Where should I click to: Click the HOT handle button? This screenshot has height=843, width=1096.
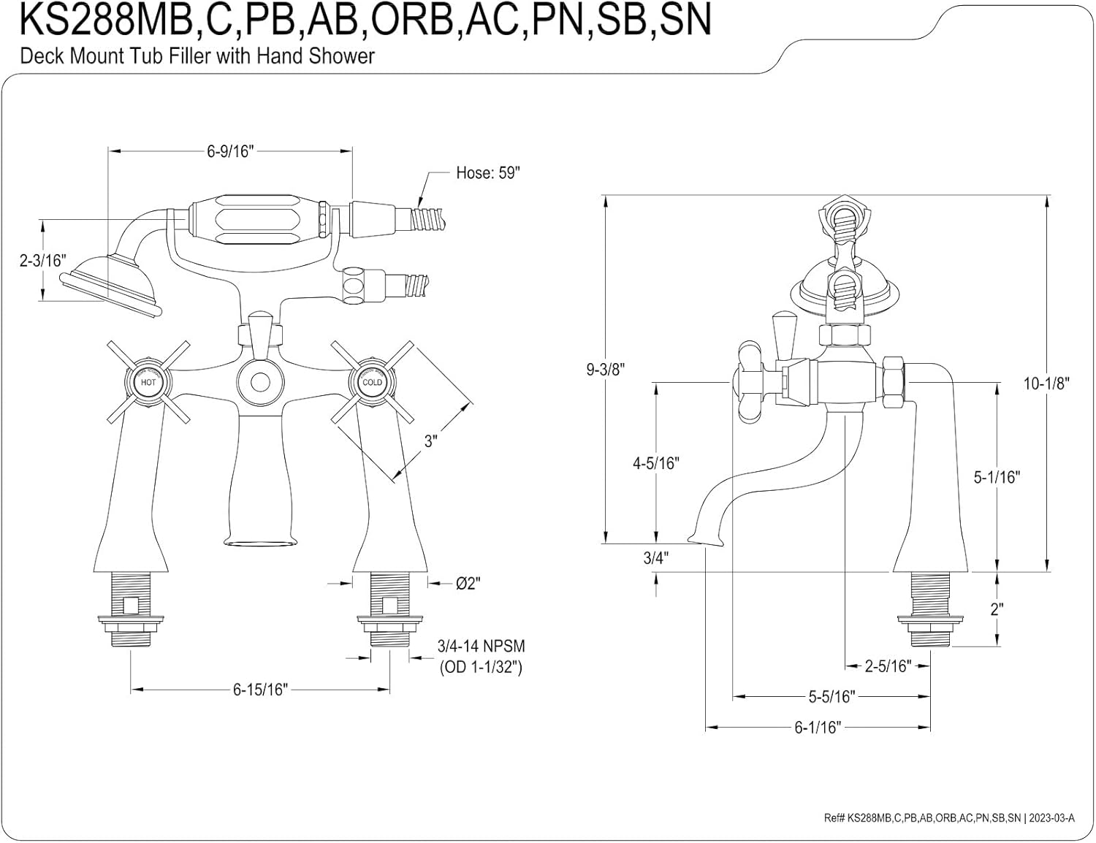click(148, 382)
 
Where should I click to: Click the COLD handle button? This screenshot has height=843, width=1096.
click(371, 382)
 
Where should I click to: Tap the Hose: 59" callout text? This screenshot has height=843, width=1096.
click(487, 173)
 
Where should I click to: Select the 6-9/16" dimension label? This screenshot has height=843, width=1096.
click(229, 151)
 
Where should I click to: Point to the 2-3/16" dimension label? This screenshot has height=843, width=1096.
click(42, 261)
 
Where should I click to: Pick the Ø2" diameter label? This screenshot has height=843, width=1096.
click(468, 584)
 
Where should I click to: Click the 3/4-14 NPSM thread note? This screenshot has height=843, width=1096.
click(481, 646)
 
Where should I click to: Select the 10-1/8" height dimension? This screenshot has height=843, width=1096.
click(1046, 383)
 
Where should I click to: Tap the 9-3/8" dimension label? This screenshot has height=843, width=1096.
click(606, 369)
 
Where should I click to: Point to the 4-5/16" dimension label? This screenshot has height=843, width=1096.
click(655, 462)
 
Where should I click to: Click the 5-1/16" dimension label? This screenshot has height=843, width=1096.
click(997, 477)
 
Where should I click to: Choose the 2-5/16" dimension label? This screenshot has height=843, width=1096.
click(888, 665)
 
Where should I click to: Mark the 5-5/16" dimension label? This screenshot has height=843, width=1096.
click(831, 696)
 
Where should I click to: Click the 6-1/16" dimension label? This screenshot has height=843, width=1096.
click(818, 727)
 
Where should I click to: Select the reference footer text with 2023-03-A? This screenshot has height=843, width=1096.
click(949, 818)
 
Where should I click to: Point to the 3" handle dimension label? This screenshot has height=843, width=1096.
click(430, 440)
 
